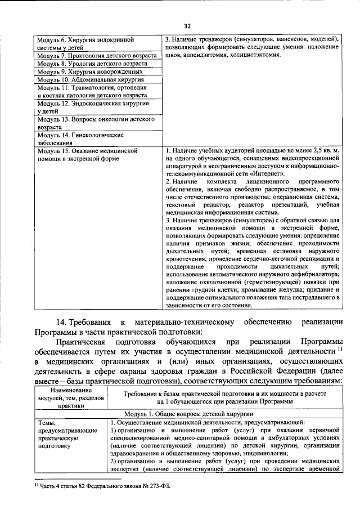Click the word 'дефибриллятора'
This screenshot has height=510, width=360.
(312, 272)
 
